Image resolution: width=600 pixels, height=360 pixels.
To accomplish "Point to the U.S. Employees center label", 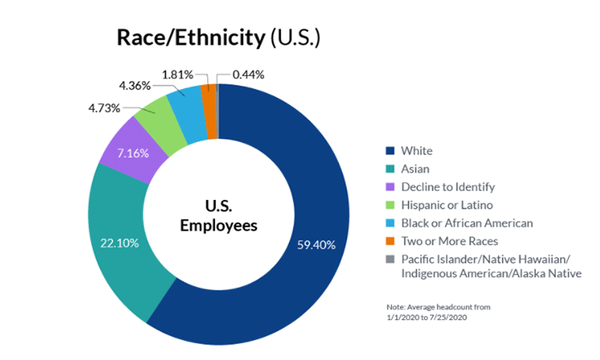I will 218,215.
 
